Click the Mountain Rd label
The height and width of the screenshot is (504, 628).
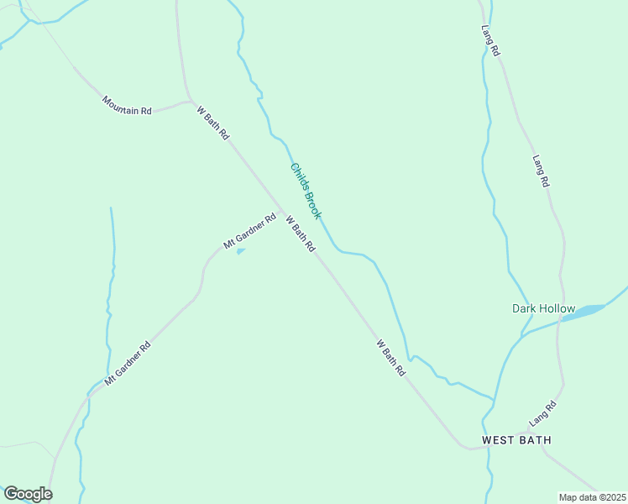pyautogui.click(x=127, y=105)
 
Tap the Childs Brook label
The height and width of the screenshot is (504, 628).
pyautogui.click(x=306, y=191)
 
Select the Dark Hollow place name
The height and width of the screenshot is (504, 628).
pyautogui.click(x=543, y=308)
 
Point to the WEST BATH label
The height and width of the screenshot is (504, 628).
pyautogui.click(x=515, y=440)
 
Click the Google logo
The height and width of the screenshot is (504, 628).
pyautogui.click(x=28, y=494)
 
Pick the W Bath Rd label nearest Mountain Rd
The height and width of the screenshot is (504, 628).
pyautogui.click(x=212, y=123)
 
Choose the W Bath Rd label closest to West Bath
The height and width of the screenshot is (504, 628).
pyautogui.click(x=391, y=357)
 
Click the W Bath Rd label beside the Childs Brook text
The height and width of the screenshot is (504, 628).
pyautogui.click(x=300, y=234)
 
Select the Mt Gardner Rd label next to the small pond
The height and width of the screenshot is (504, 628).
pyautogui.click(x=249, y=232)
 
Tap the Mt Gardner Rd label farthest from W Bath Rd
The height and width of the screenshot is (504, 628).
pyautogui.click(x=128, y=364)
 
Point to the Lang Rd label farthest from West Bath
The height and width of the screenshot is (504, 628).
pyautogui.click(x=491, y=39)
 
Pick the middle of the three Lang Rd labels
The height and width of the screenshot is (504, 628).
pyautogui.click(x=541, y=171)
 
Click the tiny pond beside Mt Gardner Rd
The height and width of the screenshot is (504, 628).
pyautogui.click(x=241, y=250)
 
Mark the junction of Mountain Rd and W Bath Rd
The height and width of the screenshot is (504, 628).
pyautogui.click(x=190, y=101)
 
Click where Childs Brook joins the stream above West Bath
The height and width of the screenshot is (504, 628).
pyautogui.click(x=494, y=397)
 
